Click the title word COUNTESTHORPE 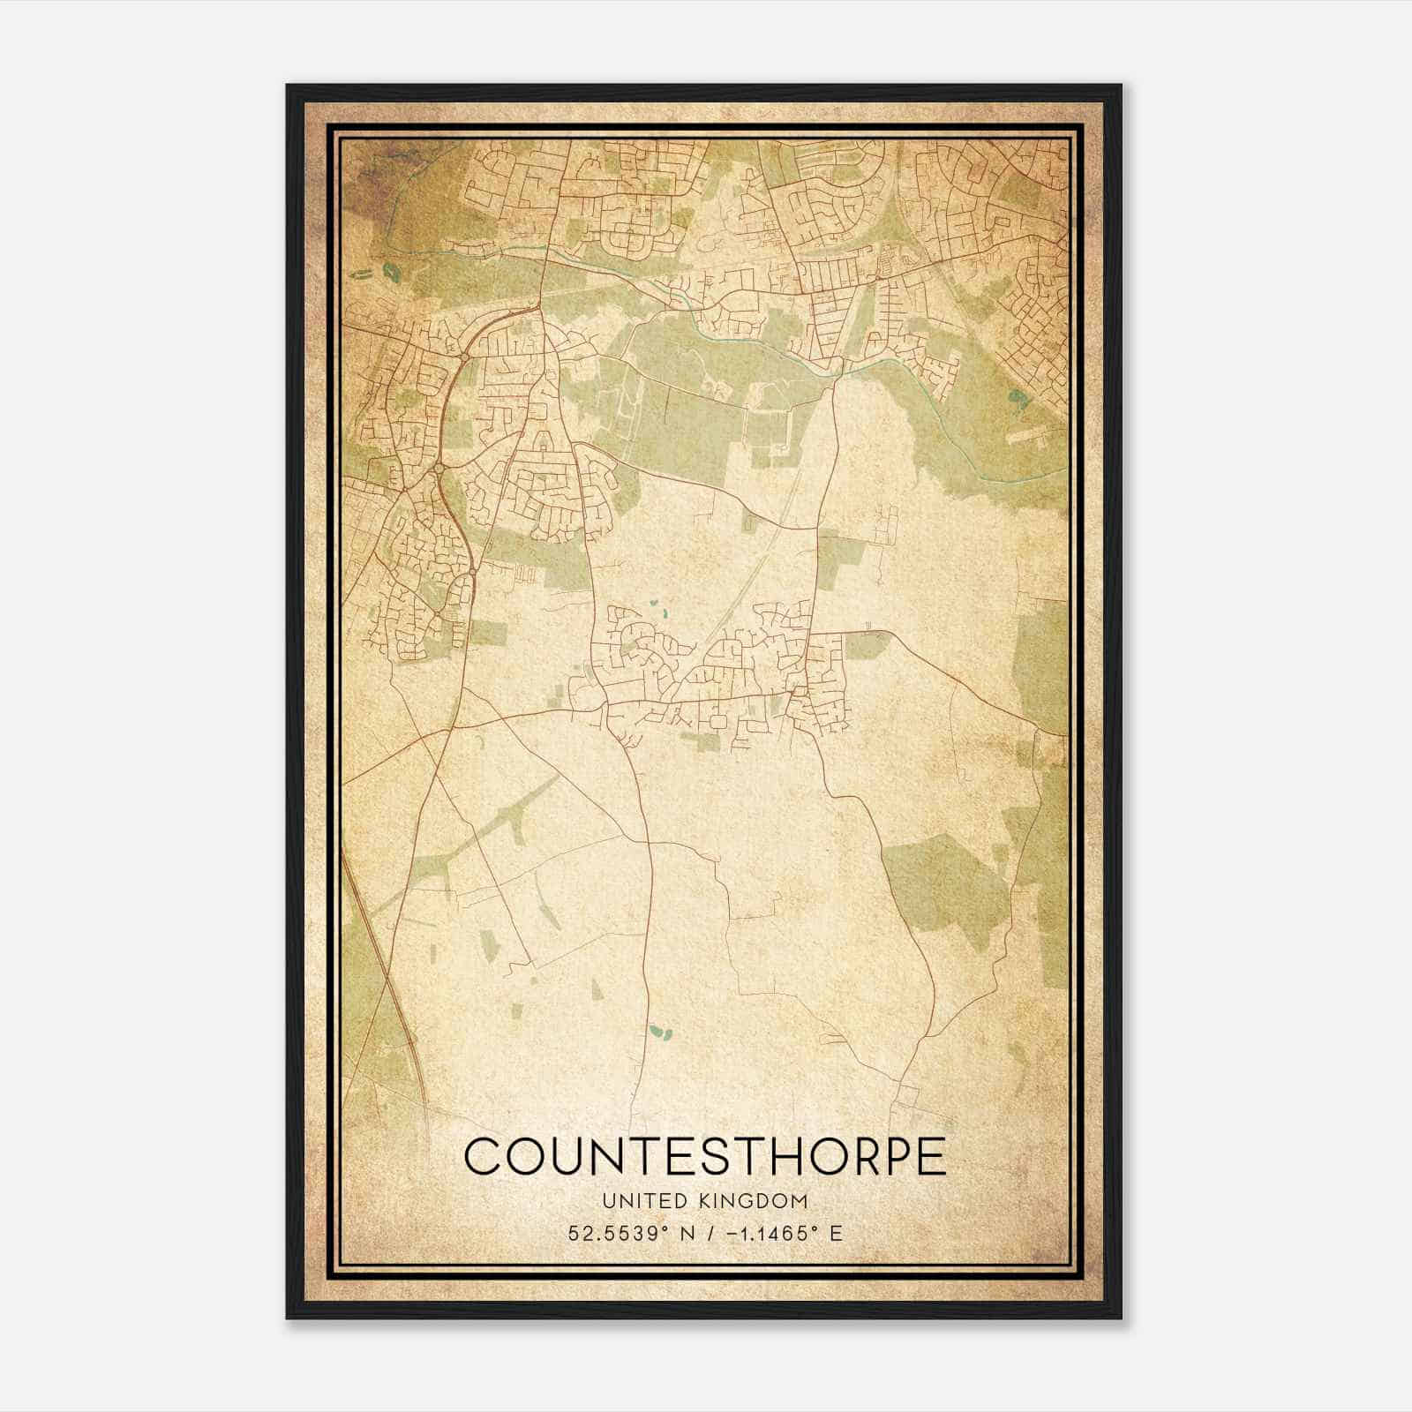click(x=704, y=1155)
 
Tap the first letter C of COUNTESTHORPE click(x=482, y=1155)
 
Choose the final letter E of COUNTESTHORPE click(x=929, y=1155)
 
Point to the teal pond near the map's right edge click(x=1021, y=397)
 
